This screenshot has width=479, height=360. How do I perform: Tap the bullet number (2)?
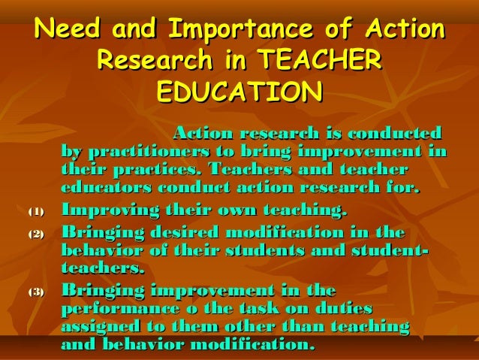tap(37, 234)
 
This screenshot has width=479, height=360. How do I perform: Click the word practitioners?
tap(137, 151)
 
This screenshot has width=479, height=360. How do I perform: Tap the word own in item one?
tap(237, 210)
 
